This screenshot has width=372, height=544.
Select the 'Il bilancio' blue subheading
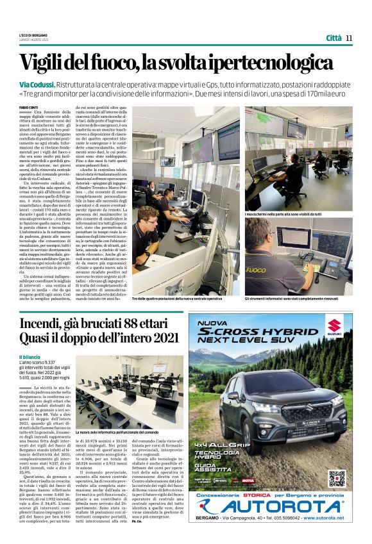tap(31, 356)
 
